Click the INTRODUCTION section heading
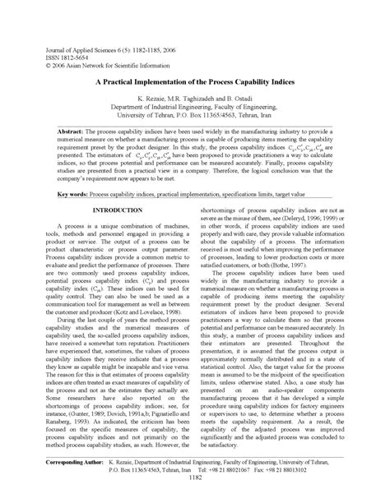coord(117,211)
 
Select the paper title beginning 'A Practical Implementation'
coord(194,84)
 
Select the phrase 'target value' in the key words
coord(312,194)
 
